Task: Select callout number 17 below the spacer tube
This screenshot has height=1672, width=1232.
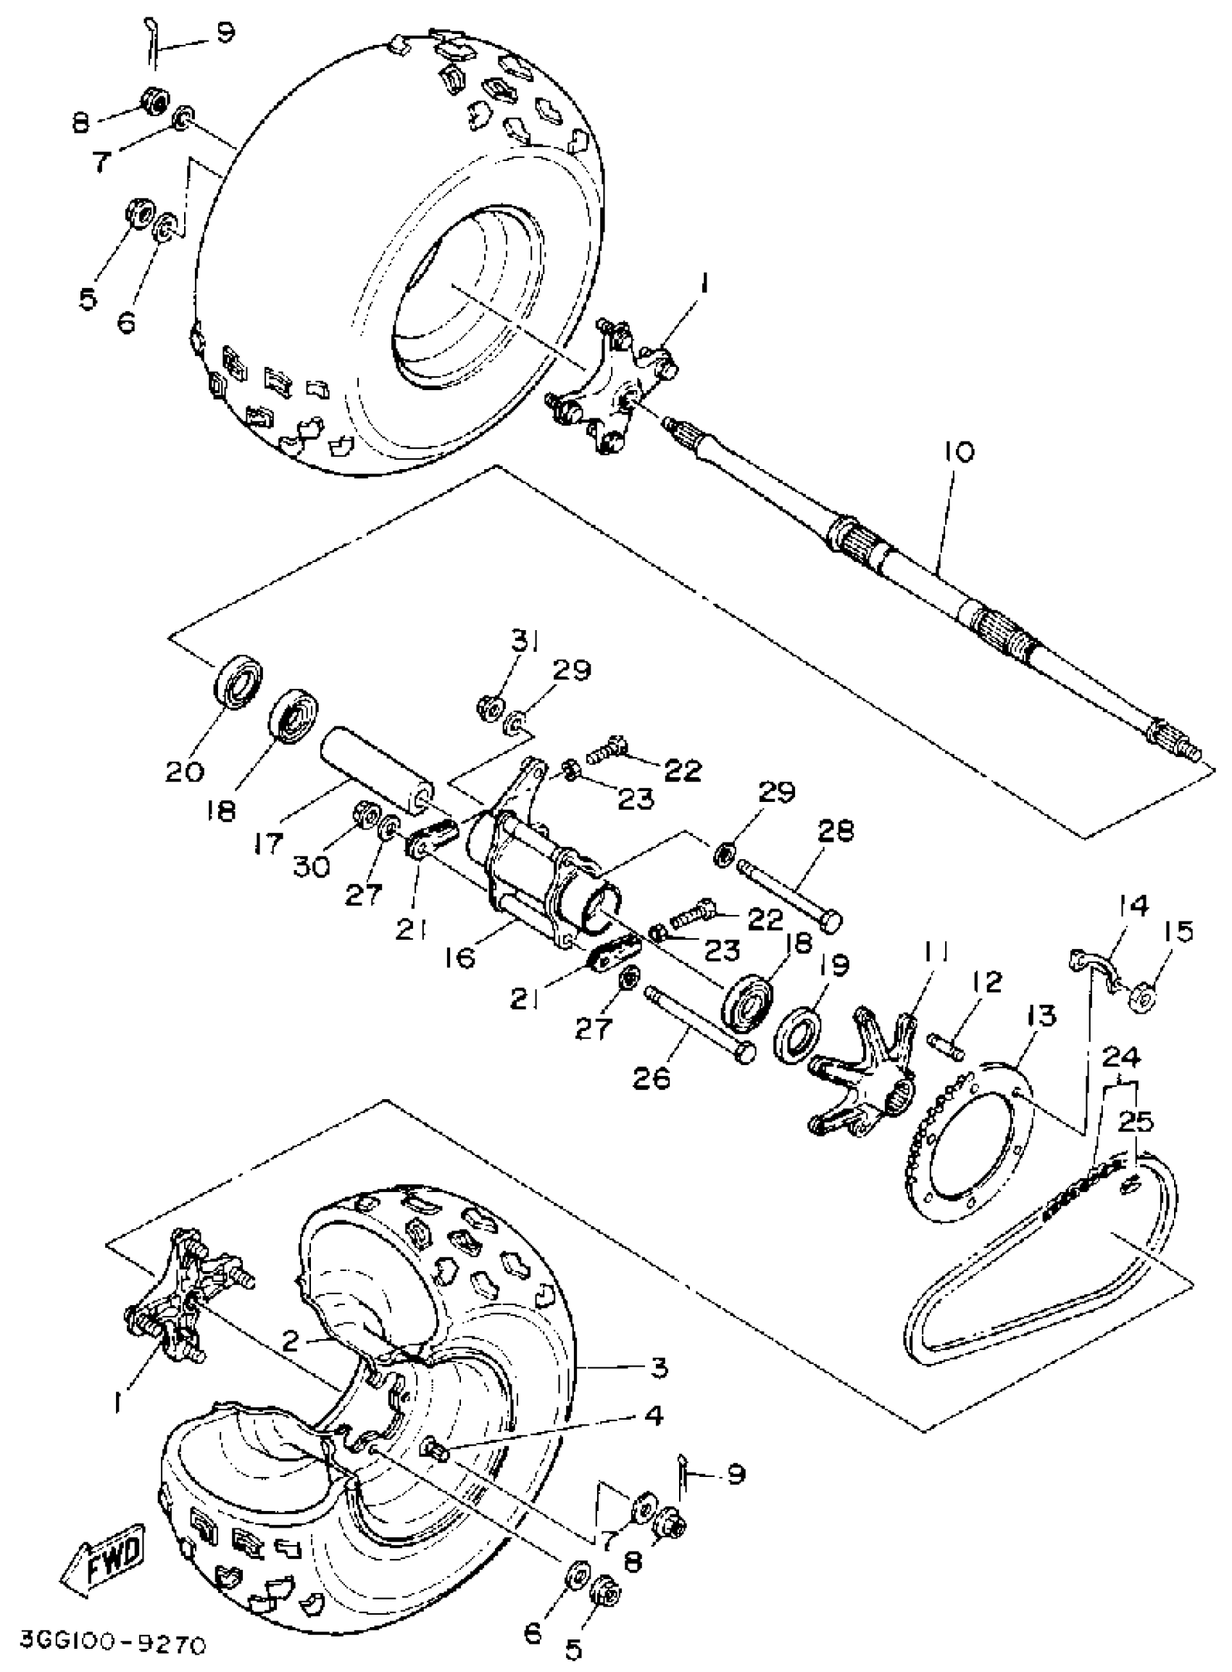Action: pos(268,843)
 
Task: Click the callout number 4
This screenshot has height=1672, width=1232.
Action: pos(653,1415)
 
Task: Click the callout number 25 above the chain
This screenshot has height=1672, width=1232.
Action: pos(1136,1122)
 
